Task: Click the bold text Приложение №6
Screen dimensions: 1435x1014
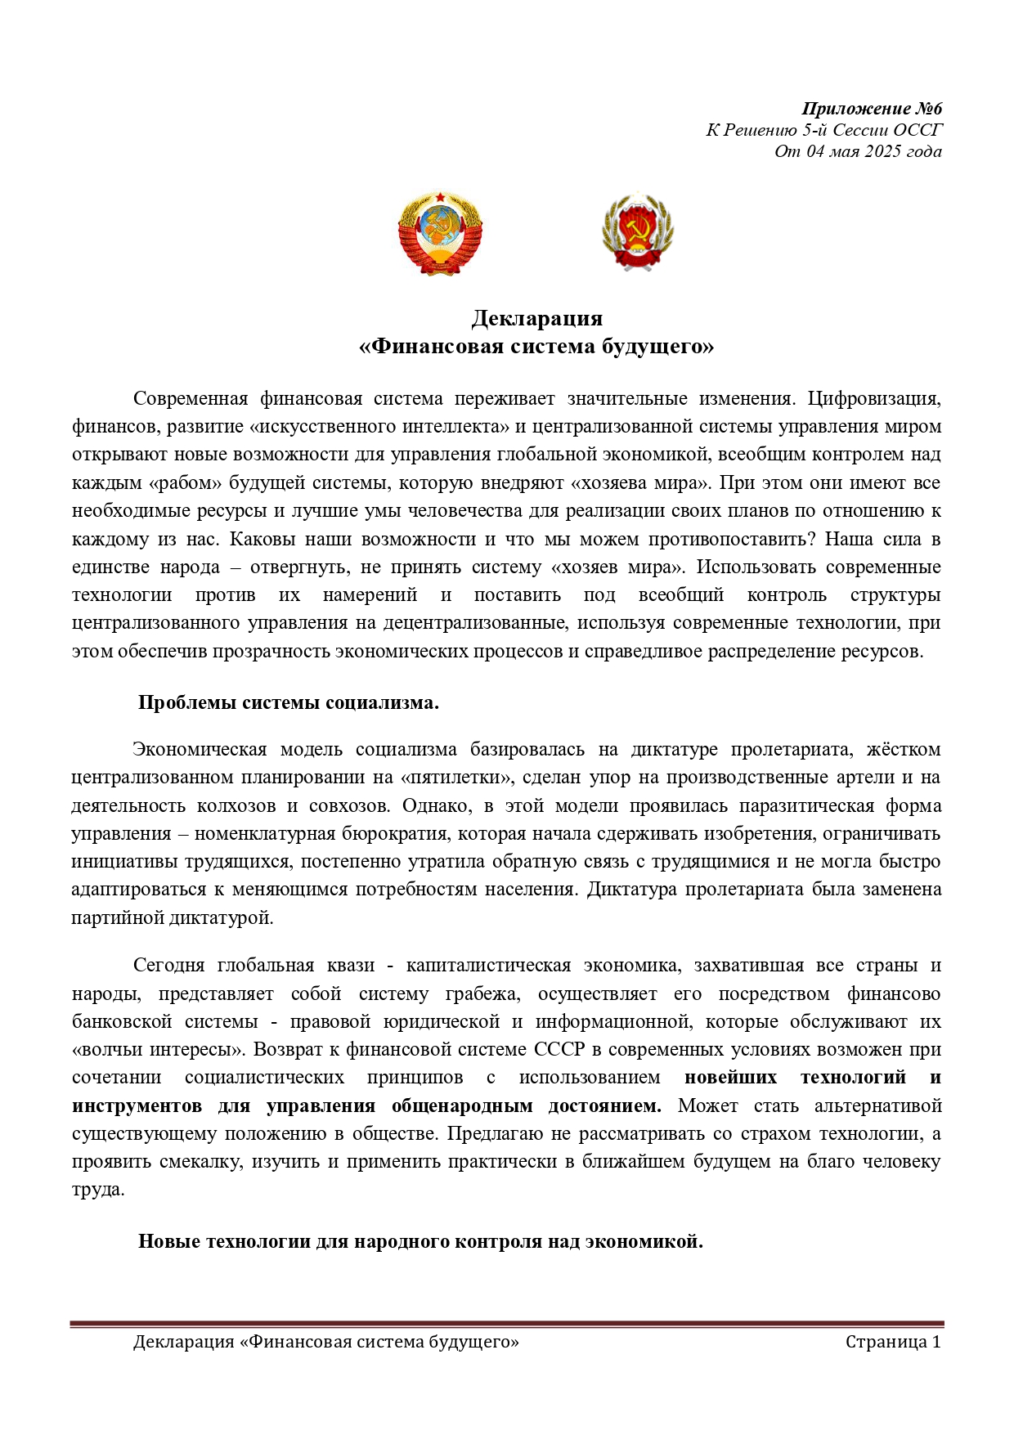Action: [872, 109]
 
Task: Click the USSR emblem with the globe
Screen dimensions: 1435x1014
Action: [440, 233]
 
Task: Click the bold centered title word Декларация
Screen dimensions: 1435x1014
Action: [536, 318]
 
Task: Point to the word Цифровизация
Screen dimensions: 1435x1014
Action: [874, 399]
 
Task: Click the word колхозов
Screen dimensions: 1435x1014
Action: [236, 806]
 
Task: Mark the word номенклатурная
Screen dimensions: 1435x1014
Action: [265, 834]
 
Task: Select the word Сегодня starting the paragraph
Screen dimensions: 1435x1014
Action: [168, 966]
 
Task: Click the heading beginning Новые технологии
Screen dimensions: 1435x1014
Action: [420, 1241]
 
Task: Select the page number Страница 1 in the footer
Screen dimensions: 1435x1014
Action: [893, 1342]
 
